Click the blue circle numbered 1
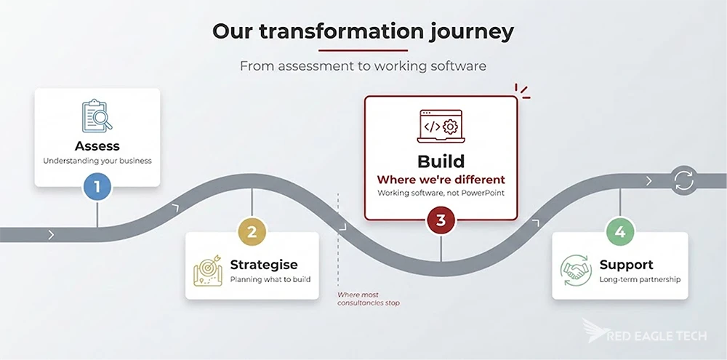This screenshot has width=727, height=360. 97,187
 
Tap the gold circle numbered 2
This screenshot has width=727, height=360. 252,232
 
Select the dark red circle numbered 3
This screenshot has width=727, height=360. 441,220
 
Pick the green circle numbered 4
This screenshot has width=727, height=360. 620,232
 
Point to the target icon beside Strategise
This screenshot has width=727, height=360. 208,270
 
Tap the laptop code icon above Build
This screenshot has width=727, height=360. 441,126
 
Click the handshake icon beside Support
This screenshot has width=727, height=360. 577,270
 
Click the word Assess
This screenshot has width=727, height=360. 97,146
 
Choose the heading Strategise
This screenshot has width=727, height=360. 263,265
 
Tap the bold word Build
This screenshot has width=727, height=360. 441,161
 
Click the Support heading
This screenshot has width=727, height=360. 626,265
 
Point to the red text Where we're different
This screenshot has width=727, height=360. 441,179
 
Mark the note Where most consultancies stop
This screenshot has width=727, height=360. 368,299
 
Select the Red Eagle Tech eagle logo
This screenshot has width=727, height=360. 595,330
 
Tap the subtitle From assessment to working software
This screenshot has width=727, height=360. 363,66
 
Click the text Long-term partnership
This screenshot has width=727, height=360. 640,279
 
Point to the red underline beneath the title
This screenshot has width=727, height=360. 363,50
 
